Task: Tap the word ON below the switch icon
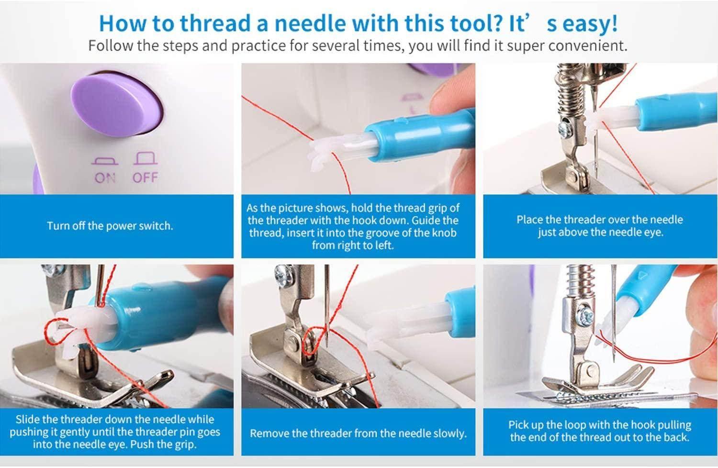point(105,178)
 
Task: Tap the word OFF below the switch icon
point(145,178)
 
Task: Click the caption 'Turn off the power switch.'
point(110,226)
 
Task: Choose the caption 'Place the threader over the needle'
point(599,220)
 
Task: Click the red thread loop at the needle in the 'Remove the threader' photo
point(314,342)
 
